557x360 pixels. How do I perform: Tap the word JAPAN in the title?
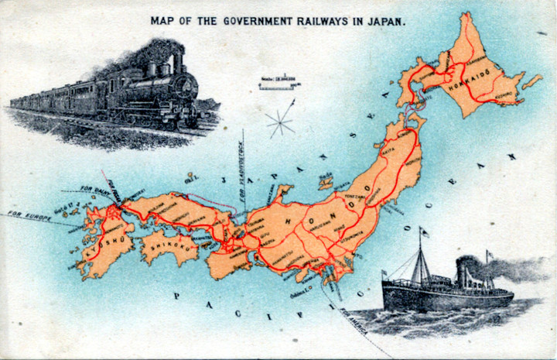pyautogui.click(x=388, y=21)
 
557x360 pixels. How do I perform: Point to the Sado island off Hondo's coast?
pyautogui.click(x=326, y=183)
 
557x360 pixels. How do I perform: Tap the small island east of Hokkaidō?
pyautogui.click(x=531, y=81)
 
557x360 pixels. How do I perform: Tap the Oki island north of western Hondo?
pyautogui.click(x=192, y=180)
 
